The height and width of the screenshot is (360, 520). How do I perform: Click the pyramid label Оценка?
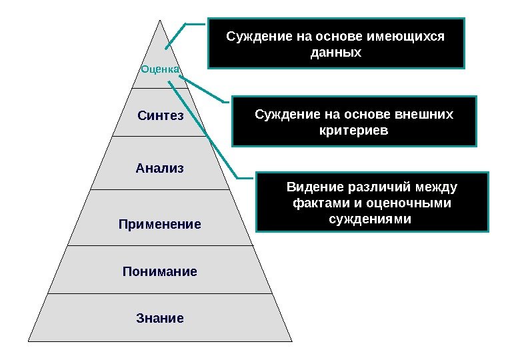(160, 69)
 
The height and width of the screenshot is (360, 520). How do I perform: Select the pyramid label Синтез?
(160, 115)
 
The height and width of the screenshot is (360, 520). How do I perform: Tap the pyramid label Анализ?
(159, 167)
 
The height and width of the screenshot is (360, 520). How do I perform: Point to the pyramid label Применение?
(160, 225)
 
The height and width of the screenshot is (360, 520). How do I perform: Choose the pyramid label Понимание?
(160, 271)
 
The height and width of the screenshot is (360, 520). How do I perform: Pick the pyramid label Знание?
(160, 318)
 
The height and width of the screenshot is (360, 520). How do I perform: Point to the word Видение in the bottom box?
(309, 186)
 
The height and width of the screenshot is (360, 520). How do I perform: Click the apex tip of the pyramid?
(160, 20)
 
